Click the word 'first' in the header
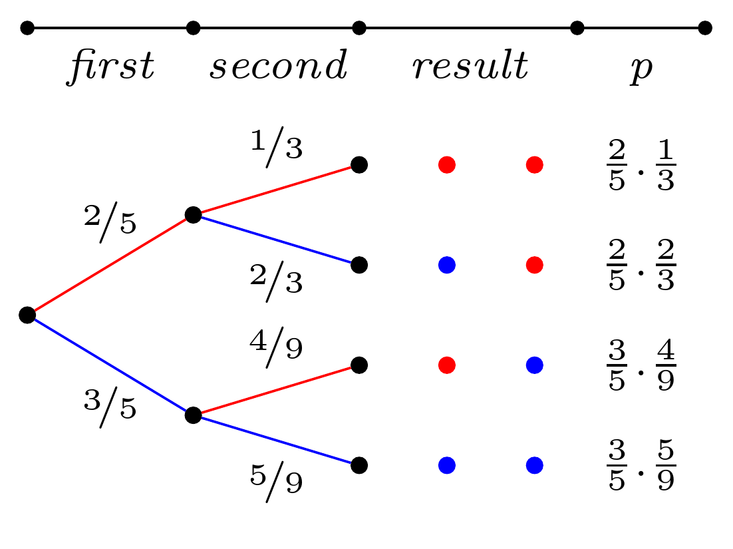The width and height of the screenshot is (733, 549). (x=110, y=67)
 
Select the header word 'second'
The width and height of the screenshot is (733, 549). (x=278, y=67)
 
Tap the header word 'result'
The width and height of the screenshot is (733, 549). (x=470, y=67)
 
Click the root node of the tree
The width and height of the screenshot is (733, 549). (x=27, y=315)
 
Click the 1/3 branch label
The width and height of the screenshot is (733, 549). (x=276, y=146)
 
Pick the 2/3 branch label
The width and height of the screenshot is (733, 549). (x=276, y=279)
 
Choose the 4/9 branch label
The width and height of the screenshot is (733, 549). (x=276, y=347)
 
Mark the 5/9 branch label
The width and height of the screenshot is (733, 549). (x=276, y=480)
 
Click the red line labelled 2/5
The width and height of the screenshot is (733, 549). (x=110, y=264)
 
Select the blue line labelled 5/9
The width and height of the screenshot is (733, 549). (x=276, y=439)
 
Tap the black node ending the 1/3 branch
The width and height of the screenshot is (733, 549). (x=359, y=164)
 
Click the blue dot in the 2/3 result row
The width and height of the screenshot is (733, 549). (x=446, y=265)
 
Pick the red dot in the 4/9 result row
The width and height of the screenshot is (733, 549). (x=446, y=365)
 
